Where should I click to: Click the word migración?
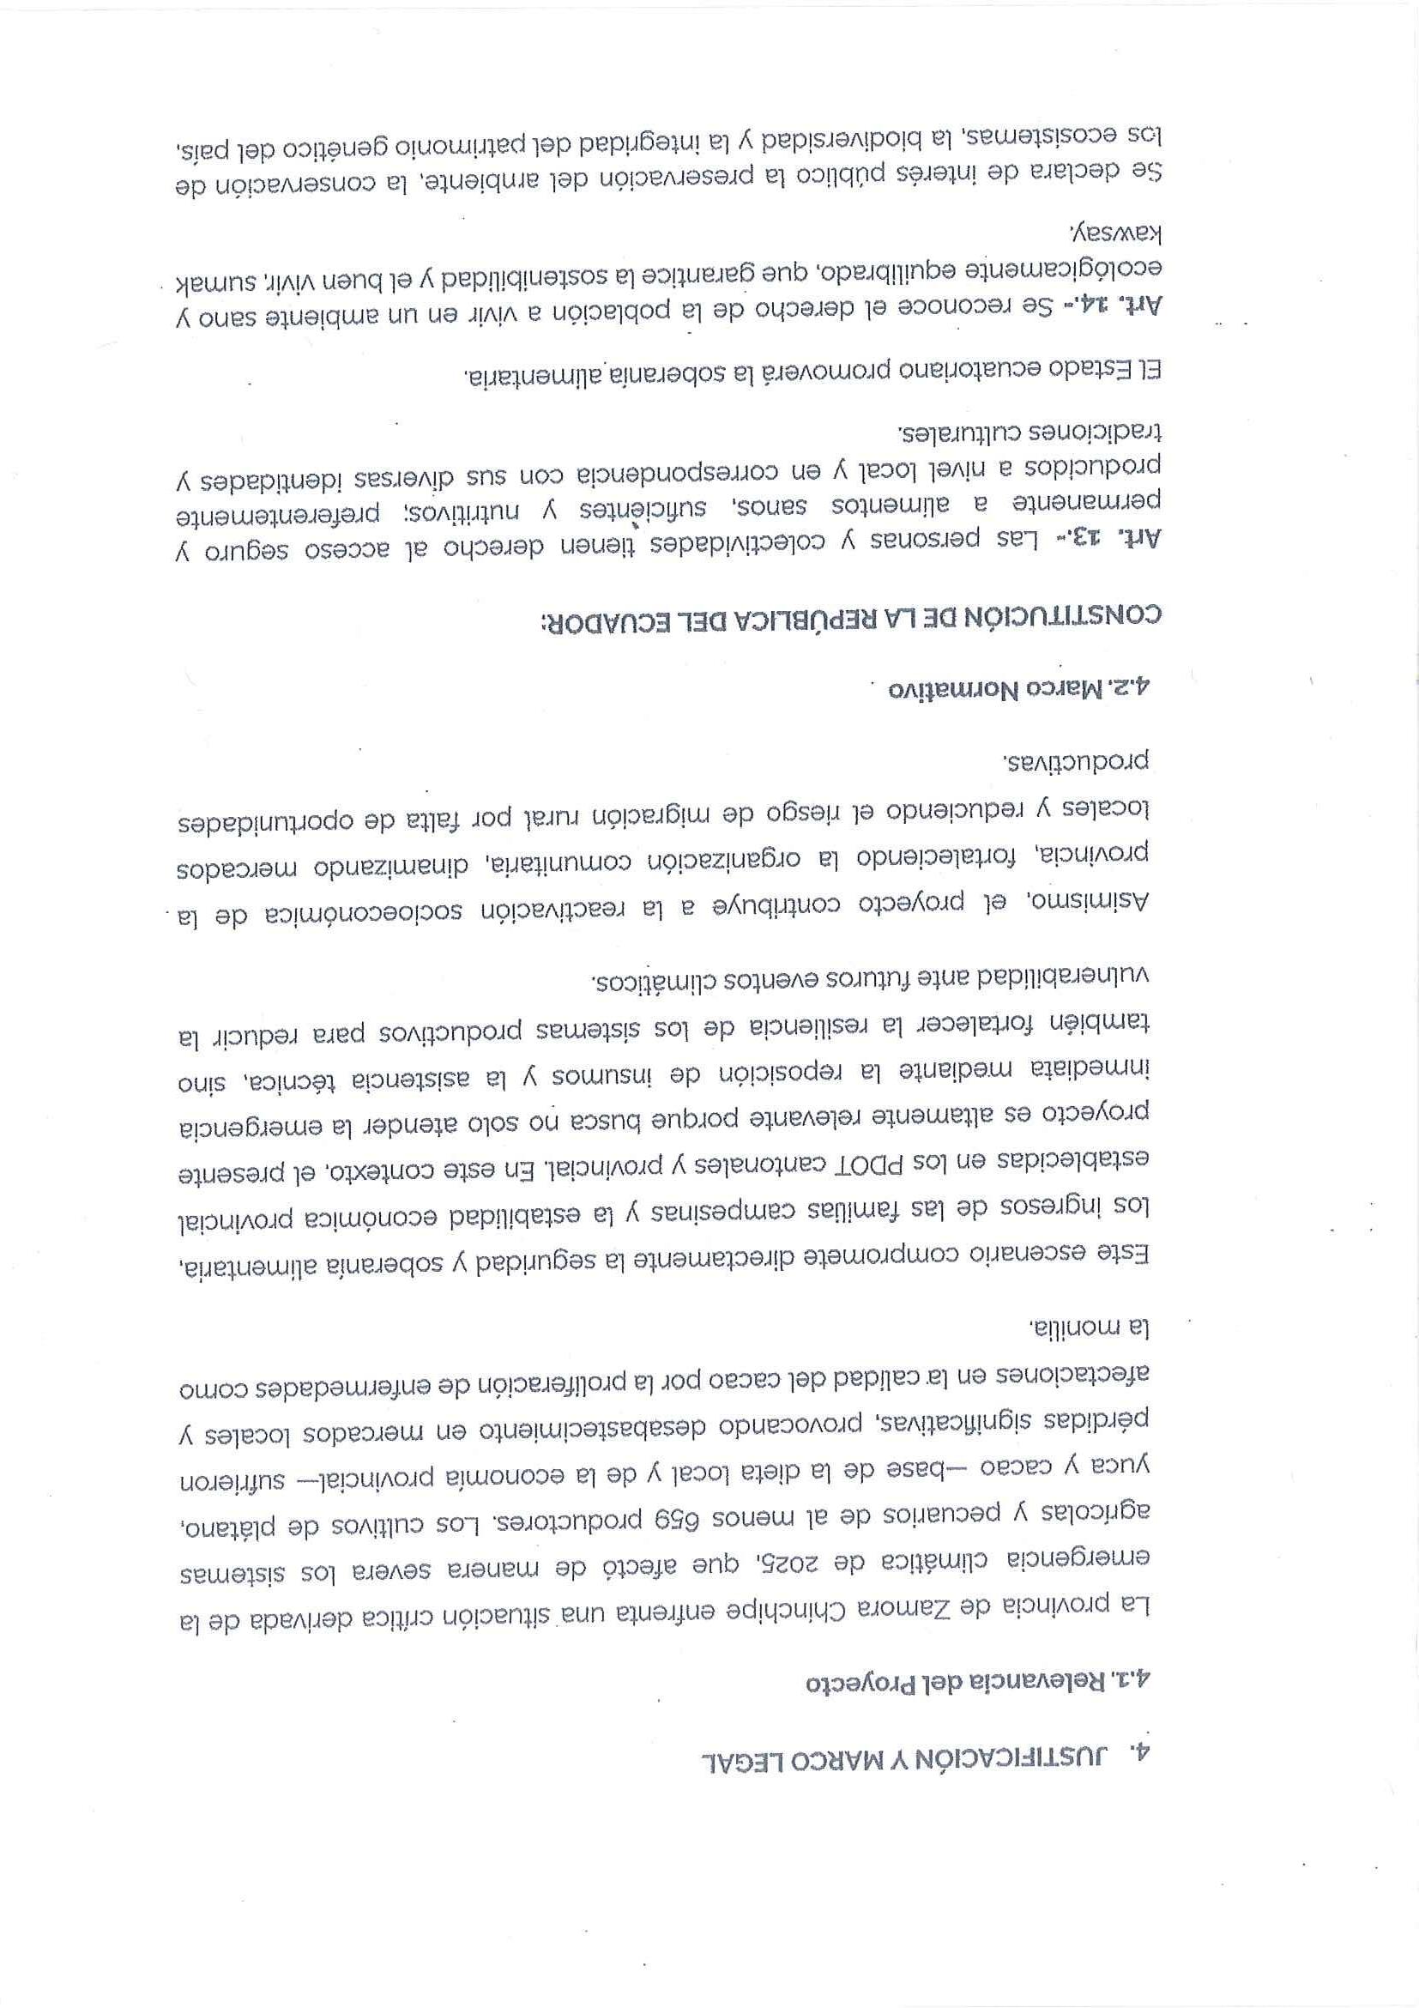pos(643,822)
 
